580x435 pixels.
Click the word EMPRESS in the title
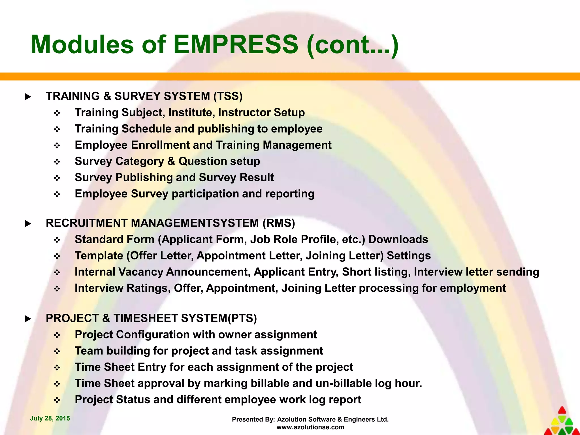[x=236, y=44]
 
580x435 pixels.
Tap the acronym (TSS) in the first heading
[x=228, y=96]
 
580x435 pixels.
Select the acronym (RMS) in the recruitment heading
[x=279, y=223]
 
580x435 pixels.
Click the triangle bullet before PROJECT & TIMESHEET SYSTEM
[x=28, y=319]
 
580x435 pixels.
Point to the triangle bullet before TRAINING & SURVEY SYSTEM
[x=28, y=97]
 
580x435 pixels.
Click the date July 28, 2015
[x=50, y=418]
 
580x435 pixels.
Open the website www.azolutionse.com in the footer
[x=310, y=427]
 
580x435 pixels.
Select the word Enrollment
[x=160, y=145]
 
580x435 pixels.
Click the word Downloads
[x=398, y=239]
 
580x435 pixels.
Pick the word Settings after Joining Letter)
[x=409, y=255]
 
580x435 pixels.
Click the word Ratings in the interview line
[x=148, y=288]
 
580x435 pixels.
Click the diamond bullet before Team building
[x=57, y=351]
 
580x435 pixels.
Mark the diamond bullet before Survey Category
[x=57, y=162]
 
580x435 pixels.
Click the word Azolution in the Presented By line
[x=292, y=419]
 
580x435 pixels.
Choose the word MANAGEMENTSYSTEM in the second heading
[x=195, y=223]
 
